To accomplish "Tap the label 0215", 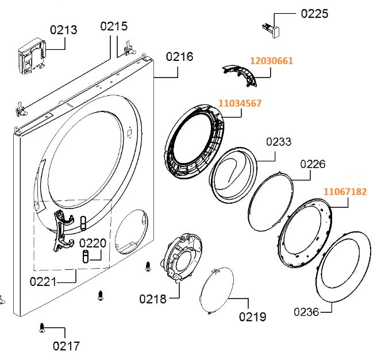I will (x=114, y=26).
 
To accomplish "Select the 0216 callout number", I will (x=179, y=57).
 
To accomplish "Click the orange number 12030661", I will (x=271, y=60).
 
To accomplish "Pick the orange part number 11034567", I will (x=240, y=103).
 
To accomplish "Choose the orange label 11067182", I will (x=345, y=191).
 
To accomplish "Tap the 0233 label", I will (x=279, y=142).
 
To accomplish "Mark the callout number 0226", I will (x=313, y=164).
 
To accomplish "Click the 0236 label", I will (x=307, y=312).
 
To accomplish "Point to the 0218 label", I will (x=152, y=299).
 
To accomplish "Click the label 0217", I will (x=66, y=346).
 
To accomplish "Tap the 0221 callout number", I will (x=43, y=281).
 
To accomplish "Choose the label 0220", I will (x=93, y=243).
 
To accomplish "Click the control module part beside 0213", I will (x=32, y=58).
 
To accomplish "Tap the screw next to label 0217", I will (x=42, y=328).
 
